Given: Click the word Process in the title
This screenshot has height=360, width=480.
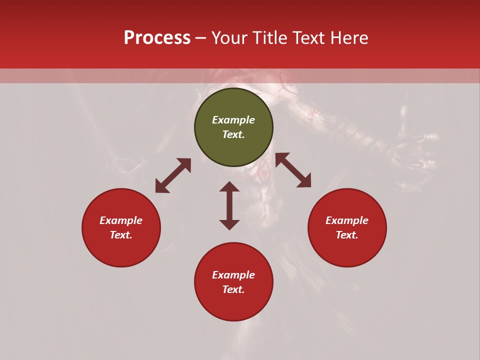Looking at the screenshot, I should [x=157, y=38].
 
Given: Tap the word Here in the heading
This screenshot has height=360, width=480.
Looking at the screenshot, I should [x=349, y=38].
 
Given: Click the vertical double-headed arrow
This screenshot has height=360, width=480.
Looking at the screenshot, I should [x=229, y=205].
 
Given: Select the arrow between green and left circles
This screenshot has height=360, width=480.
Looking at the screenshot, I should [x=173, y=175].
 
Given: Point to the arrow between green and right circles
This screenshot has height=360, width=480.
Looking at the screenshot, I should [x=293, y=170].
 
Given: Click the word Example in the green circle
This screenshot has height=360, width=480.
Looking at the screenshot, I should [x=233, y=120].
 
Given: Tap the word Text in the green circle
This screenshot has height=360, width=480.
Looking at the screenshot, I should [x=233, y=134].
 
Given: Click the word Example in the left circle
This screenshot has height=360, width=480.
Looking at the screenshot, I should [x=121, y=220].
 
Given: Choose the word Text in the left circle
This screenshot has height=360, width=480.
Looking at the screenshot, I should [x=120, y=235].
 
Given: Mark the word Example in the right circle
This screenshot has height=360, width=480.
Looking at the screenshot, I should [x=347, y=220].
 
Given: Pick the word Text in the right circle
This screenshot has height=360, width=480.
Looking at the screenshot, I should [x=346, y=235].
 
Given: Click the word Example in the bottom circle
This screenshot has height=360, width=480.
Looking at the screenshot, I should [x=233, y=275].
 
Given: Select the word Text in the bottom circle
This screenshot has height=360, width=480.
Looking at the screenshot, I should [x=233, y=289].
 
